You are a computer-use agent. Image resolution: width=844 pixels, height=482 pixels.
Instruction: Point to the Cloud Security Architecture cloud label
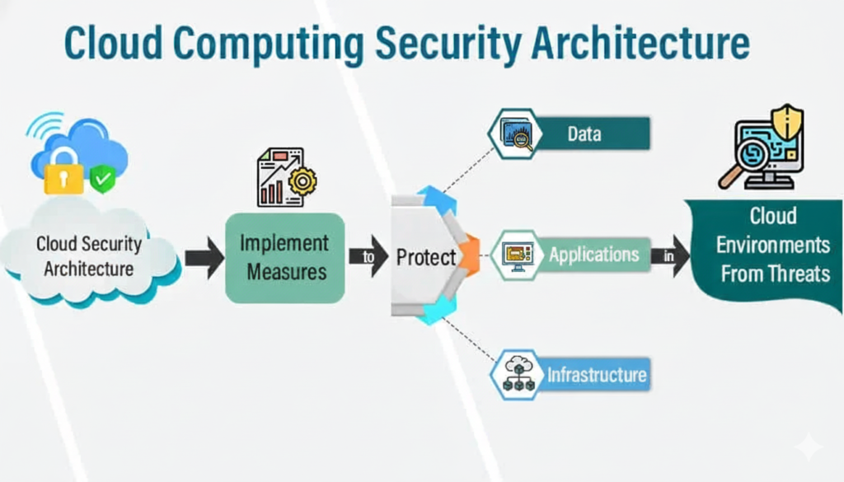pyautogui.click(x=88, y=256)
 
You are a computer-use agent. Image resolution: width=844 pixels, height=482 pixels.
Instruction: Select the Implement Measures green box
pyautogui.click(x=284, y=257)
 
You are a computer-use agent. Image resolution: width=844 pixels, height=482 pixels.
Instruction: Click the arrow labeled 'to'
pyautogui.click(x=368, y=257)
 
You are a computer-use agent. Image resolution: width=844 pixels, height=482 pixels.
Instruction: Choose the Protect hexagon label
pyautogui.click(x=425, y=257)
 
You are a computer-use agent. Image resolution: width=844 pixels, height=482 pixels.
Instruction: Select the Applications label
pyautogui.click(x=593, y=255)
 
